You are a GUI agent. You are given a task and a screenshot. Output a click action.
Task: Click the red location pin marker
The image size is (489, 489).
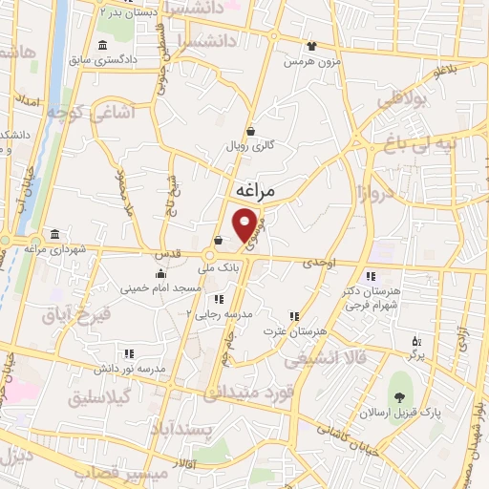coord(245,223)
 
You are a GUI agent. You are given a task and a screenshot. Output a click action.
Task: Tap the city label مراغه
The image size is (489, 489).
coord(254,192)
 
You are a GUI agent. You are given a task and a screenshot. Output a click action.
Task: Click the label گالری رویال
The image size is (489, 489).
coord(250,146)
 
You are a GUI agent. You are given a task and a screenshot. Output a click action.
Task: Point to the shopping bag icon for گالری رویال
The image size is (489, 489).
coord(250,132)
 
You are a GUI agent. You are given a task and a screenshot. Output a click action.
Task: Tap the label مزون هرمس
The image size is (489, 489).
coord(311,60)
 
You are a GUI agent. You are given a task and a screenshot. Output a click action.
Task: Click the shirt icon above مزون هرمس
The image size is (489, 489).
coord(311,46)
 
